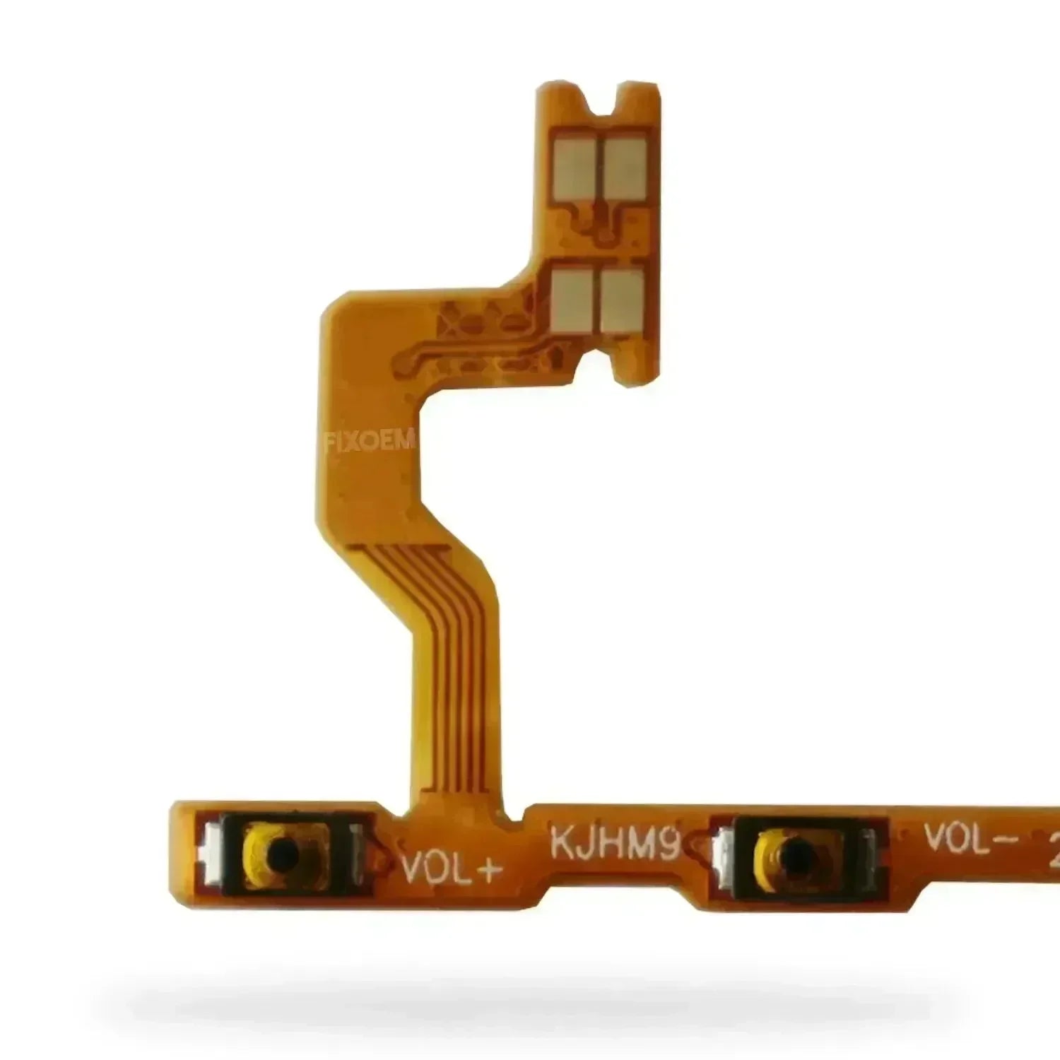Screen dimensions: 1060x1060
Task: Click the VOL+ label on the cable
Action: pyautogui.click(x=450, y=868)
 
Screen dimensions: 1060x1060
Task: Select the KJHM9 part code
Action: pyautogui.click(x=615, y=844)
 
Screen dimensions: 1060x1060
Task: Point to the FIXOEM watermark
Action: pyautogui.click(x=370, y=443)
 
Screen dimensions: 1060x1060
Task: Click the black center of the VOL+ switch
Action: pyautogui.click(x=281, y=856)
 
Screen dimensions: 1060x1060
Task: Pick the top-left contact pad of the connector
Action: pyautogui.click(x=574, y=167)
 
